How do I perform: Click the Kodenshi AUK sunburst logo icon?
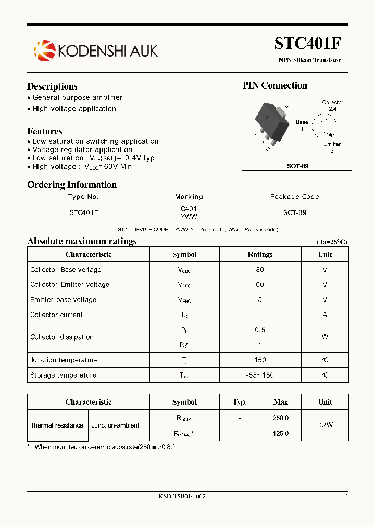pyautogui.click(x=44, y=51)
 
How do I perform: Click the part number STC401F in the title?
pyautogui.click(x=307, y=44)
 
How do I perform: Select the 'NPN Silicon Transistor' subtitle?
pyautogui.click(x=309, y=60)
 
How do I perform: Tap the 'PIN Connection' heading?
pyautogui.click(x=274, y=85)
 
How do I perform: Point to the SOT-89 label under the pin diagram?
pyautogui.click(x=297, y=166)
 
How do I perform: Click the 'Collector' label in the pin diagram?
pyautogui.click(x=332, y=102)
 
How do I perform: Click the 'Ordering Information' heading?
pyautogui.click(x=72, y=185)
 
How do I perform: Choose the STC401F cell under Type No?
pyautogui.click(x=84, y=212)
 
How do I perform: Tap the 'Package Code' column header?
pyautogui.click(x=294, y=197)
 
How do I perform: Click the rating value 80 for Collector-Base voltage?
pyautogui.click(x=260, y=270)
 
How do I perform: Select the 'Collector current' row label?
pyautogui.click(x=56, y=315)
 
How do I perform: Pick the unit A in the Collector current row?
pyautogui.click(x=325, y=315)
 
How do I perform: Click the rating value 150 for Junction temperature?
pyautogui.click(x=260, y=360)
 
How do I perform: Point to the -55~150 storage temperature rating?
pyautogui.click(x=260, y=375)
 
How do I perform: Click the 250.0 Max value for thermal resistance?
pyautogui.click(x=280, y=418)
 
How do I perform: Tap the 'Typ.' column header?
pyautogui.click(x=239, y=402)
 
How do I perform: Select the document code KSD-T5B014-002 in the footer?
pyautogui.click(x=182, y=496)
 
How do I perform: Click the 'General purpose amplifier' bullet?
pyautogui.click(x=77, y=98)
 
